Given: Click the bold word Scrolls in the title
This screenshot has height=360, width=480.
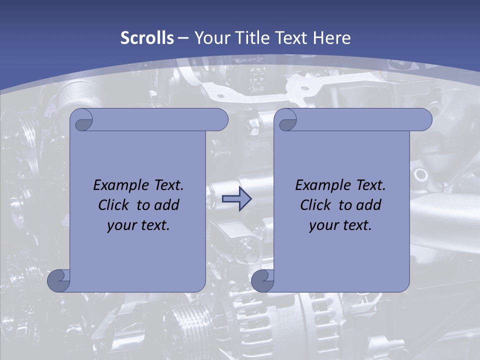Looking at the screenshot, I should tap(147, 38).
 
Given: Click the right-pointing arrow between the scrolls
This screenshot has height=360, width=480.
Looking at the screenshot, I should tap(236, 199).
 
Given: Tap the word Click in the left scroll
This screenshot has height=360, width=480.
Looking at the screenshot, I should tap(113, 205).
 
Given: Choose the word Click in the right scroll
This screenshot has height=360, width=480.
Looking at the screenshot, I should tap(315, 205).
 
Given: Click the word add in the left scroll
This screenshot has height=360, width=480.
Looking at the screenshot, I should tap(167, 205).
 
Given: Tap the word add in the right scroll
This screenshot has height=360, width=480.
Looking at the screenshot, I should tap(369, 205).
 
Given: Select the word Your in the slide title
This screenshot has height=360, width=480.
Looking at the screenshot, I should tap(210, 38).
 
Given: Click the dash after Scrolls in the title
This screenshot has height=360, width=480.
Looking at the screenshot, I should tap(183, 38).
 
